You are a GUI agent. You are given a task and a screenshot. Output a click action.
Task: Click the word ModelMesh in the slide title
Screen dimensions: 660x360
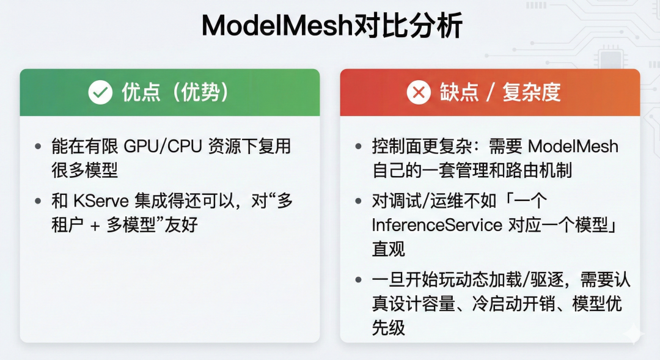[x=277, y=25]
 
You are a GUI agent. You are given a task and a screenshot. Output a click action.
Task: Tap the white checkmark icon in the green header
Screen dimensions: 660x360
[x=100, y=92]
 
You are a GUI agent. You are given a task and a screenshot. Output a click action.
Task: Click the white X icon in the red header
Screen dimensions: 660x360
[x=419, y=92]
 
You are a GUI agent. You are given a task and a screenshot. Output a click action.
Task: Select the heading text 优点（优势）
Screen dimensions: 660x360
[x=175, y=92]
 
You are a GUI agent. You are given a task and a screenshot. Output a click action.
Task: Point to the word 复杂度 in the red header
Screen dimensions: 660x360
[x=532, y=92]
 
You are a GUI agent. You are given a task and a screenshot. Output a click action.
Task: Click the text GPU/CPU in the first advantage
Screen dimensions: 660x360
[x=163, y=147]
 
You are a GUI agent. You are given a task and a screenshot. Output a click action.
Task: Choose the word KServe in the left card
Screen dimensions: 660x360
[x=101, y=201]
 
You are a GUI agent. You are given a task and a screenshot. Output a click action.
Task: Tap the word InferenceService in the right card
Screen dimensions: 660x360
[x=437, y=225]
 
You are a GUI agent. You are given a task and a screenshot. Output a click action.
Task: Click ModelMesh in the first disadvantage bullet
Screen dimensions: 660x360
[x=573, y=147]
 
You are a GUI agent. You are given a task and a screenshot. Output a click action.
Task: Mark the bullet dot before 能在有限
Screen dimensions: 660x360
[x=38, y=147]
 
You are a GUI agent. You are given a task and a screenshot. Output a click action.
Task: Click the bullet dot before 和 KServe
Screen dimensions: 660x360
[x=38, y=201]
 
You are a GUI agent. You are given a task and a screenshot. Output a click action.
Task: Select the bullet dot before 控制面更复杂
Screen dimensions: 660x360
[x=359, y=147]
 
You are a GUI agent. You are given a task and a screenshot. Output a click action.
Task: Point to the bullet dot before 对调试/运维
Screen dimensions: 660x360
[x=359, y=201]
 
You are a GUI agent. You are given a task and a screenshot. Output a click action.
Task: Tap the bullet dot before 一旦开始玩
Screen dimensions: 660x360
[x=359, y=279]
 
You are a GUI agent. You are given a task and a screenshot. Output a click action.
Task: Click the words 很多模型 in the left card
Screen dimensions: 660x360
[x=84, y=170]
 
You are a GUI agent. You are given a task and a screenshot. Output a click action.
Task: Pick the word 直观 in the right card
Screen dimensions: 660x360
[x=389, y=249]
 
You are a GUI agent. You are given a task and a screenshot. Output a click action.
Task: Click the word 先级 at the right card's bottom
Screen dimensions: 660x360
[x=389, y=327]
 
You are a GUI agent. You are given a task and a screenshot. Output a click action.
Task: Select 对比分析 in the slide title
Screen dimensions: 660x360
[x=408, y=25]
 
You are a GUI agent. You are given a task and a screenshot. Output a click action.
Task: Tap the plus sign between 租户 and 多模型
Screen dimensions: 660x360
[x=95, y=226]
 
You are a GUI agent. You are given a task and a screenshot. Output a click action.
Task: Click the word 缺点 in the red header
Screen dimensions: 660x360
[x=459, y=92]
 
